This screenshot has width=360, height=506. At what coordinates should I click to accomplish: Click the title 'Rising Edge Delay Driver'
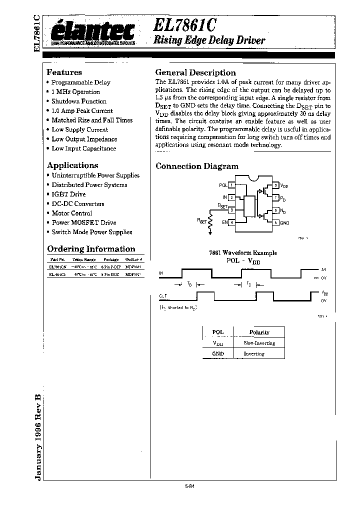click(x=209, y=40)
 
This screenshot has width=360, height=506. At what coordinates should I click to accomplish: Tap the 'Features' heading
click(x=64, y=72)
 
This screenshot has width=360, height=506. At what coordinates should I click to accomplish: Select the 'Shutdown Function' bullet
click(x=79, y=101)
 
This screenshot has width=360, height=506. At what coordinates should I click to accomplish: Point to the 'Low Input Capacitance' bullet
click(x=83, y=148)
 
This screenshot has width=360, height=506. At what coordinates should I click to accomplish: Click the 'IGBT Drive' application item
click(x=68, y=194)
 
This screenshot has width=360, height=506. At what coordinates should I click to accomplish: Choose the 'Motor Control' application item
click(x=71, y=213)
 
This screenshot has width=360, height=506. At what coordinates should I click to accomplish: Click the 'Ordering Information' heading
click(x=91, y=249)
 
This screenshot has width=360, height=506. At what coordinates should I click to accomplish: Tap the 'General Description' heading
click(x=195, y=72)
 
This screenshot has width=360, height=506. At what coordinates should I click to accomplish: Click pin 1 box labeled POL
click(x=231, y=185)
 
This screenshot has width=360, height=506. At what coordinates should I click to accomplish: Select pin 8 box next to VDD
click(x=276, y=185)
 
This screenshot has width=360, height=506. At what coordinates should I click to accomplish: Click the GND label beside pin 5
click(x=284, y=222)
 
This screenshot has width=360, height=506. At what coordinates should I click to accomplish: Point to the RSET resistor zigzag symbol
click(x=210, y=219)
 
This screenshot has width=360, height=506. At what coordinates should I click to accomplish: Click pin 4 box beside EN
click(x=231, y=222)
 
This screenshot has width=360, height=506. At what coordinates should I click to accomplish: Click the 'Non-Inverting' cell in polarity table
click(x=259, y=343)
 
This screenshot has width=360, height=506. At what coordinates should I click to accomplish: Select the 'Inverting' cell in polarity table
click(x=254, y=353)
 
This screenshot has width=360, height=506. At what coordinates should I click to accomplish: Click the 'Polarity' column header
click(x=259, y=332)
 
